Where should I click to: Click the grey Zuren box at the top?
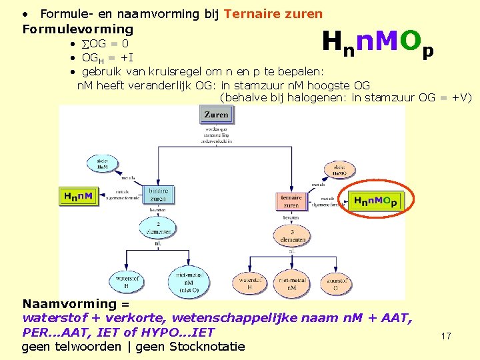[216, 115]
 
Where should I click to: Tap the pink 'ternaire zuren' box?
[291, 201]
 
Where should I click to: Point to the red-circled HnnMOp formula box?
[375, 201]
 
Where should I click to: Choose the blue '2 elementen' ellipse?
[157, 227]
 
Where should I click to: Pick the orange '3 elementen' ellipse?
[291, 235]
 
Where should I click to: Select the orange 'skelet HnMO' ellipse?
[339, 170]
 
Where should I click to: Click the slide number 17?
[445, 336]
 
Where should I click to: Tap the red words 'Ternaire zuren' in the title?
[273, 13]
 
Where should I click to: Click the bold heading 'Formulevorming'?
[78, 29]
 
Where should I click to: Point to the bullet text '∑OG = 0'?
[105, 44]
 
